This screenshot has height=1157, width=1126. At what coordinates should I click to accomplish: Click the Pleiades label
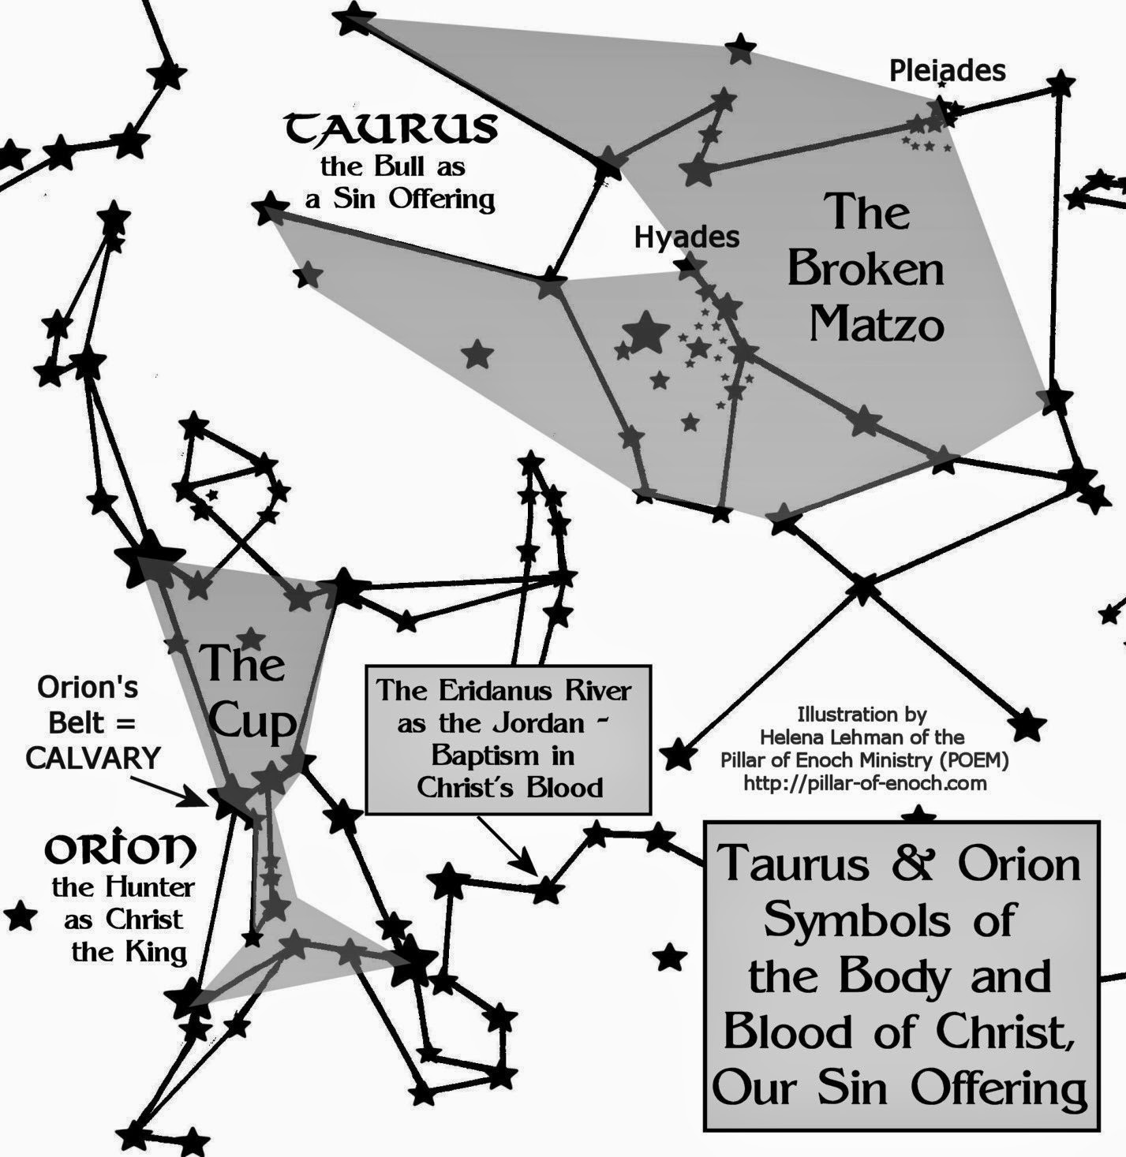pyautogui.click(x=947, y=71)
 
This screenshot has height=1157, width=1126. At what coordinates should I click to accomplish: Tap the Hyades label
pyautogui.click(x=686, y=237)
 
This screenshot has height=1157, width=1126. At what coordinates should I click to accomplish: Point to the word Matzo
pyautogui.click(x=877, y=324)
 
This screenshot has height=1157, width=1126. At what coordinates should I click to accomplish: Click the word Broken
pyautogui.click(x=866, y=269)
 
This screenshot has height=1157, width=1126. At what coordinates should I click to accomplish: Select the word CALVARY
pyautogui.click(x=93, y=758)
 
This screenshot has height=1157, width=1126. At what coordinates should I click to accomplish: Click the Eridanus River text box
pyautogui.click(x=508, y=739)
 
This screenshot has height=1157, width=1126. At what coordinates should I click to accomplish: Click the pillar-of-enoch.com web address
pyautogui.click(x=865, y=783)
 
